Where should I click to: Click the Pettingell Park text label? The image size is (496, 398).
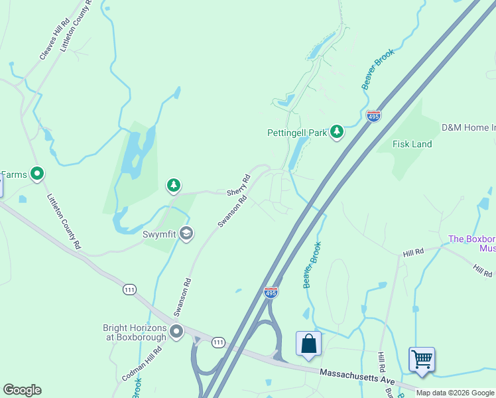(x=297, y=133)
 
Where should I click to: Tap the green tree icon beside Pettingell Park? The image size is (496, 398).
(x=338, y=132)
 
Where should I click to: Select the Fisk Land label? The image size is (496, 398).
(x=412, y=144)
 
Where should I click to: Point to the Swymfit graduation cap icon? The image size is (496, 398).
(x=187, y=233)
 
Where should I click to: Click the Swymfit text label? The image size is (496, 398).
(x=159, y=233)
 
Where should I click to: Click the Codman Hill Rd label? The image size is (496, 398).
(x=138, y=364)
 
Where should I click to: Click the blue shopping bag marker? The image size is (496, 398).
(x=308, y=344)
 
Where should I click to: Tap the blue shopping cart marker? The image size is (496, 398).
(x=422, y=360)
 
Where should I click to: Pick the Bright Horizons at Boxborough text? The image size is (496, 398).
(x=135, y=332)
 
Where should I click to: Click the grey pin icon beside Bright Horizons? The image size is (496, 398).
(x=176, y=331)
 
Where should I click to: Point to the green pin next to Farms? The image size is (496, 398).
(x=38, y=174)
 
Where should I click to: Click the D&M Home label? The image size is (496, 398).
(x=468, y=127)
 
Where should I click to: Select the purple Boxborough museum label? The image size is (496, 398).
(x=471, y=243)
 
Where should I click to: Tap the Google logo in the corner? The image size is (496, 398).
(x=22, y=390)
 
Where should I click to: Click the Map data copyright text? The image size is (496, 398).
(x=455, y=393)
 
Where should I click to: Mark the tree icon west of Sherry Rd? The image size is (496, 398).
(x=174, y=186)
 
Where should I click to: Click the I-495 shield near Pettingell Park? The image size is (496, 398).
(x=374, y=116)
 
